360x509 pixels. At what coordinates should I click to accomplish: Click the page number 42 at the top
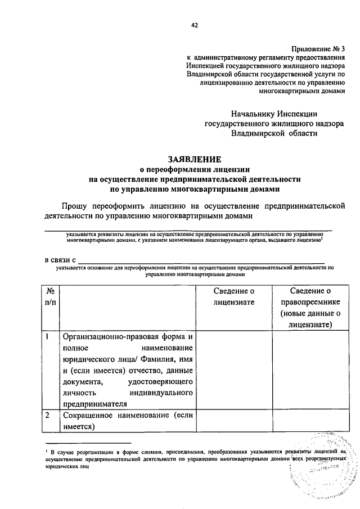(x=195, y=25)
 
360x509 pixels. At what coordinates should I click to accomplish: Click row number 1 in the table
(x=48, y=337)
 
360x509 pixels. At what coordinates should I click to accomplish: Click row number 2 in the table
(x=48, y=415)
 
